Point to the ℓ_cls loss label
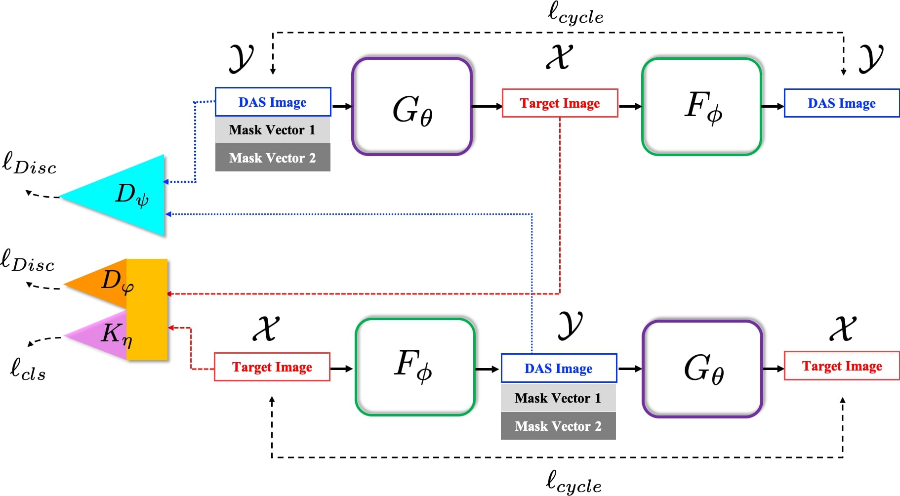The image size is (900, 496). point(28,369)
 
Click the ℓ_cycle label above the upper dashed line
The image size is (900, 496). point(575,14)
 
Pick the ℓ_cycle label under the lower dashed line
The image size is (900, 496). point(573,482)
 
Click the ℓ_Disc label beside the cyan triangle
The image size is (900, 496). point(29,164)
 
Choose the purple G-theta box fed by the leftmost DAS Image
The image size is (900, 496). point(412,107)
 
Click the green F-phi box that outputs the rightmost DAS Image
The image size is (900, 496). point(701,107)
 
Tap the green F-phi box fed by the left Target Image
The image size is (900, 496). point(415,367)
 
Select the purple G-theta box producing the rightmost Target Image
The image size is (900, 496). point(702,369)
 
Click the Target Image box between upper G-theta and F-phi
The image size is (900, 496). point(560,103)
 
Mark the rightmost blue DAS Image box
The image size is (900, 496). point(841,103)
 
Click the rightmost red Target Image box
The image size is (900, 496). point(842,366)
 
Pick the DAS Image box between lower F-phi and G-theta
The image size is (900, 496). point(559,369)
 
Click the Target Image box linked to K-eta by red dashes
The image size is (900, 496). point(272,367)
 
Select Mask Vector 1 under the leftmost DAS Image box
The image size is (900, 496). point(273,130)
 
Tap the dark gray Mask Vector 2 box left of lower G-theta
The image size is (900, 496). point(558,426)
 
